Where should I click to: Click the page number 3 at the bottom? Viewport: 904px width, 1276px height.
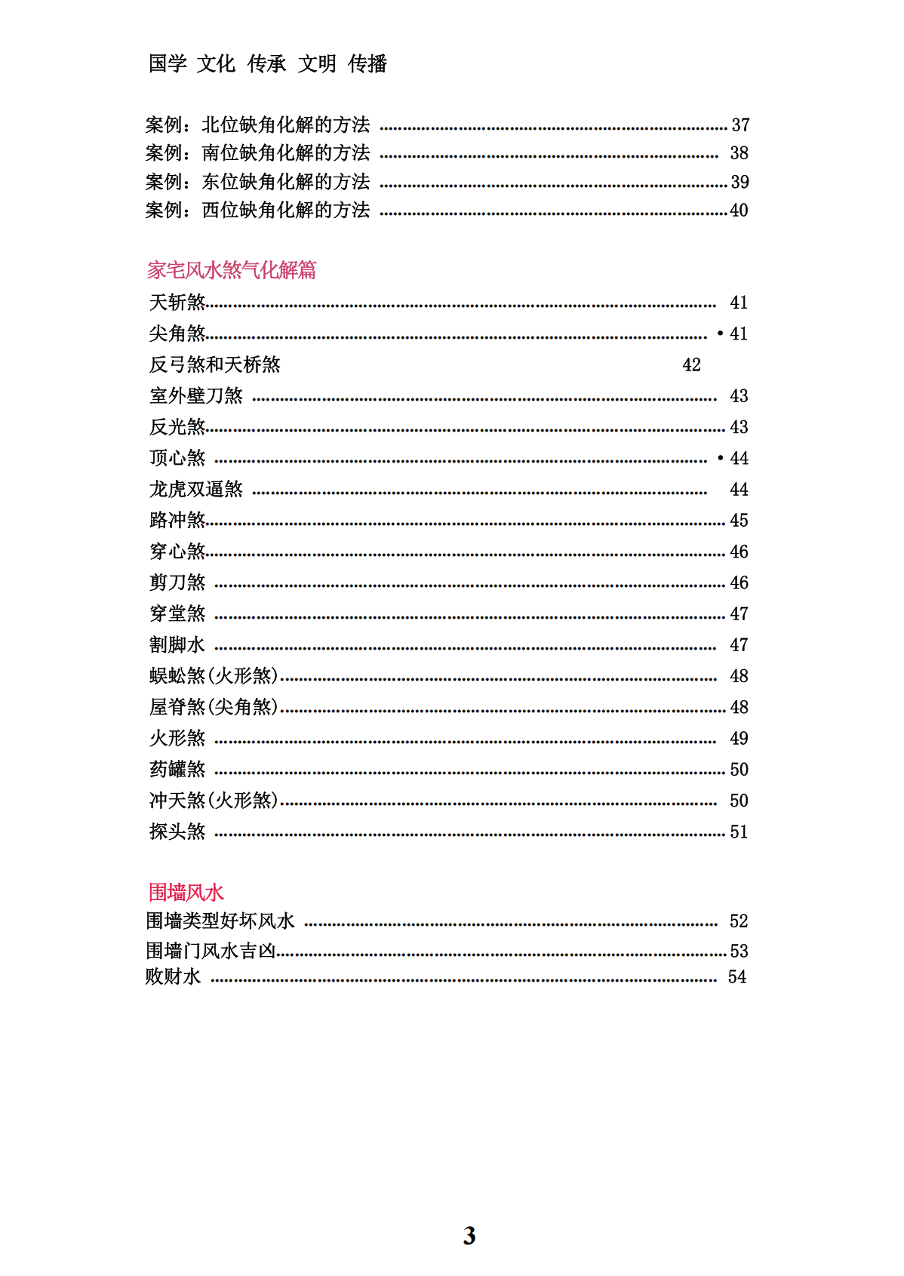tap(469, 1235)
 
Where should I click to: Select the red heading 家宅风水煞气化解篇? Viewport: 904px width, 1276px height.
tap(232, 270)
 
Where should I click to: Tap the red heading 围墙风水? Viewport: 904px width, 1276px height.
tap(186, 892)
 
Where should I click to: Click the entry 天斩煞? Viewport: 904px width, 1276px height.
tap(177, 303)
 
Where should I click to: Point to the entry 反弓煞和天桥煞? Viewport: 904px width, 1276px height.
tap(214, 365)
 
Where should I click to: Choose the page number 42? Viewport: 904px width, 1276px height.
tap(691, 365)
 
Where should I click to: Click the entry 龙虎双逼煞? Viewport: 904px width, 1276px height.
tap(196, 490)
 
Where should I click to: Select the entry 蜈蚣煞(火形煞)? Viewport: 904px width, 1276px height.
tap(214, 676)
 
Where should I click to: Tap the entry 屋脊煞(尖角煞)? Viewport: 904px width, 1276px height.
tap(214, 707)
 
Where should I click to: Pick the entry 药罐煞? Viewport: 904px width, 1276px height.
tap(177, 770)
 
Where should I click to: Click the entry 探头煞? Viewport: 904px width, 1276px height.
tap(177, 832)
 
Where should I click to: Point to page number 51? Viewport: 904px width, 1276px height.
tap(739, 832)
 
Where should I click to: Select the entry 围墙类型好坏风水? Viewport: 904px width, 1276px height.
tap(220, 921)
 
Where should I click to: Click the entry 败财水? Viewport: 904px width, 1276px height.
tap(173, 976)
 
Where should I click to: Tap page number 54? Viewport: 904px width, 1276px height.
tap(737, 977)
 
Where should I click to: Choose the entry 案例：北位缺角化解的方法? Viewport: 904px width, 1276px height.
tap(257, 125)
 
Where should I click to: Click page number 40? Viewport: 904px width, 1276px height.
tap(739, 211)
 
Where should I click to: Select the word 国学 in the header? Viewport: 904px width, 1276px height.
tap(168, 64)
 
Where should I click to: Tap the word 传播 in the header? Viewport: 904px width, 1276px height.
tap(367, 64)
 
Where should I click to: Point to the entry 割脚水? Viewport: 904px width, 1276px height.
tap(177, 645)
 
